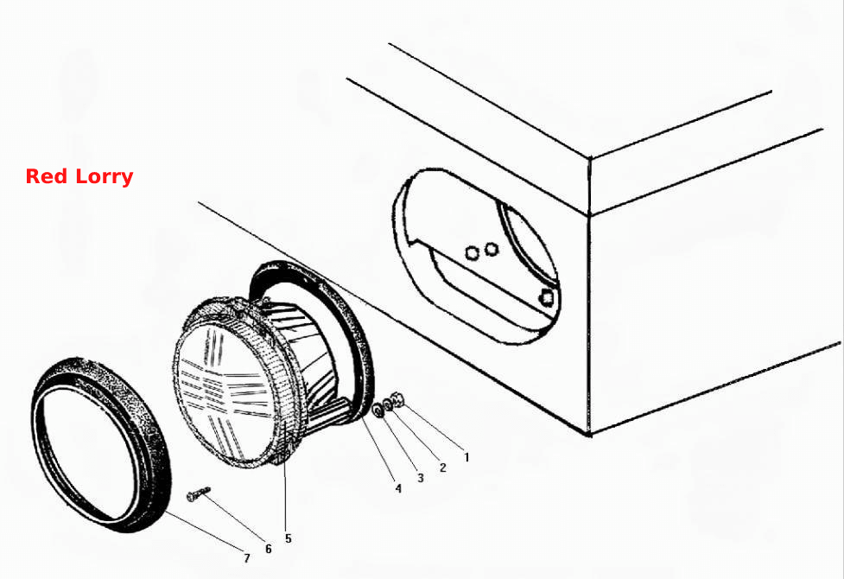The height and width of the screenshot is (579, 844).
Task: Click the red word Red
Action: tap(47, 176)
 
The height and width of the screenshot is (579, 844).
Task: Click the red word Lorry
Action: tap(104, 177)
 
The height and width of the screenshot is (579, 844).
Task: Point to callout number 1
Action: tap(466, 457)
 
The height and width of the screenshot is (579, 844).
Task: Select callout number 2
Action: tap(443, 468)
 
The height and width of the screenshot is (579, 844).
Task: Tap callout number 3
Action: tap(421, 478)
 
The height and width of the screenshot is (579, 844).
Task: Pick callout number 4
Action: tap(398, 488)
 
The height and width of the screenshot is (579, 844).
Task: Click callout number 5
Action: tap(288, 538)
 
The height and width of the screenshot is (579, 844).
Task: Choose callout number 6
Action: tap(268, 548)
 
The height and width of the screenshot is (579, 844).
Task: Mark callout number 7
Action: tap(246, 558)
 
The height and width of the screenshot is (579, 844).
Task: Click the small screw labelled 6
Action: tap(198, 493)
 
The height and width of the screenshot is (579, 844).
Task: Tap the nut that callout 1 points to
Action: tap(399, 399)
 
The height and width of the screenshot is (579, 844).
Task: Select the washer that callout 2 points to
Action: tap(388, 405)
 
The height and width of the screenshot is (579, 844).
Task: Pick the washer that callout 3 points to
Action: tap(378, 410)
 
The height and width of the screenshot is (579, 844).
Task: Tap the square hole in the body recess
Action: tap(548, 296)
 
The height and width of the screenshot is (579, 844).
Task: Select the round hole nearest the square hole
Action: tap(491, 249)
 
